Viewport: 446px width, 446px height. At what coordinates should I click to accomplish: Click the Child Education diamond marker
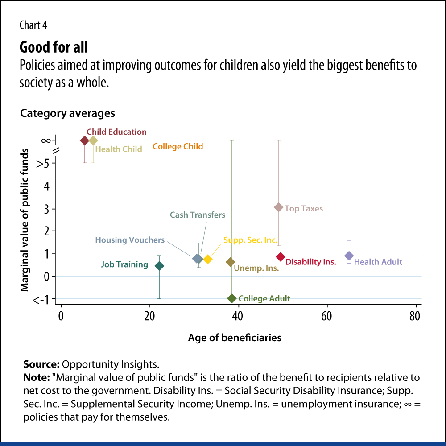(x=84, y=140)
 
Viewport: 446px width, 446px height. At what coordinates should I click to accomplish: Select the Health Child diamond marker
(x=93, y=140)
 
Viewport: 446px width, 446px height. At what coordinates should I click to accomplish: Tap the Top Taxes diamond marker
(x=279, y=207)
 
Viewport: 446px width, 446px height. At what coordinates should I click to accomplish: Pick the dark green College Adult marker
(x=231, y=298)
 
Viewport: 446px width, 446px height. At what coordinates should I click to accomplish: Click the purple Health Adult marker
(x=349, y=256)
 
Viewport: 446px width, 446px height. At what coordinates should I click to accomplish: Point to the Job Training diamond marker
(x=159, y=266)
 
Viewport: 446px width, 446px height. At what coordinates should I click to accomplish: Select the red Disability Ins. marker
(x=281, y=256)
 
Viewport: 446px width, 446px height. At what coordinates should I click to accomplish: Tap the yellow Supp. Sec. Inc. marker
(x=207, y=259)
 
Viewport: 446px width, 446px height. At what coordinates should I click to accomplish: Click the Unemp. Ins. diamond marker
(x=230, y=262)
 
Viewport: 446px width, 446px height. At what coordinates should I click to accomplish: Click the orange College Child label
(x=178, y=146)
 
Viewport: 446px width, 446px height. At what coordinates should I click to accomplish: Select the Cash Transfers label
(x=198, y=215)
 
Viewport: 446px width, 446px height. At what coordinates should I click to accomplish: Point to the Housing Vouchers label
(x=130, y=240)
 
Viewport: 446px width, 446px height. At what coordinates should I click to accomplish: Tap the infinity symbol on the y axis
(x=45, y=140)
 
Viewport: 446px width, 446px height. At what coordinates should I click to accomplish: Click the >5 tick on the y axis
(x=42, y=164)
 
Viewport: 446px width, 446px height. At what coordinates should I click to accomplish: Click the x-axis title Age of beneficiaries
(x=235, y=338)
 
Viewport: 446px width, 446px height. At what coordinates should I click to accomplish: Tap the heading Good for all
(x=54, y=47)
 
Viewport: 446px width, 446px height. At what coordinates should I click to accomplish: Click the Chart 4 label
(x=33, y=25)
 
